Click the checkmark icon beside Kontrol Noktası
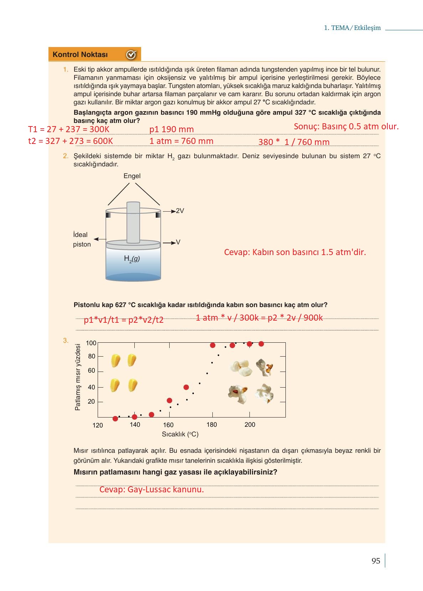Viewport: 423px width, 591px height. coord(131,55)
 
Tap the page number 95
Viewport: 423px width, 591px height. coord(376,561)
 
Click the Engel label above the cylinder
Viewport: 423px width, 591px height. coord(132,176)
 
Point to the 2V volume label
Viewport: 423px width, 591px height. coord(180,211)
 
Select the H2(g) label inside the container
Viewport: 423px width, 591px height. coord(132,259)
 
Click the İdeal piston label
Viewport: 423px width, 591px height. coord(82,239)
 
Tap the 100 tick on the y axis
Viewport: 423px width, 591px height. coord(91,343)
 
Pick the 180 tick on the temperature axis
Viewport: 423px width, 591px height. coord(212,424)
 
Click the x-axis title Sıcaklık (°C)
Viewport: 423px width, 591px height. coord(180,434)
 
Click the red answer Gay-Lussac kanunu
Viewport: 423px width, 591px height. coord(151,489)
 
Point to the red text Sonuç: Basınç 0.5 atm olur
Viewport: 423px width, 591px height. coord(346,126)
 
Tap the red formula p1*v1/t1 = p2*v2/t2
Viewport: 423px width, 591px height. coord(124,320)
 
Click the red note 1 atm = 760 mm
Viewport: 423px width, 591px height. coord(181,141)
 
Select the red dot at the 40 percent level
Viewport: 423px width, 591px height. coord(186,387)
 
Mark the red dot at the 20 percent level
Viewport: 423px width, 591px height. coord(169,400)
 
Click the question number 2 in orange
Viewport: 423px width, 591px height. coord(66,156)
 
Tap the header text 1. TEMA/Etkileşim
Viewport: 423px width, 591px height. coord(352,28)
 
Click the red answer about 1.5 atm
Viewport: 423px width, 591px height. coord(295,252)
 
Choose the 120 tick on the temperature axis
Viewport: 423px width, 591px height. coord(98,425)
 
